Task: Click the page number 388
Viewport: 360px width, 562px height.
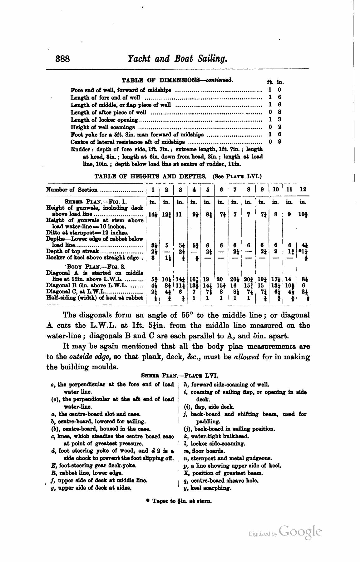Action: coord(63,59)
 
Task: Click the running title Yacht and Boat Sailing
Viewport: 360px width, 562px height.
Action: coord(177,58)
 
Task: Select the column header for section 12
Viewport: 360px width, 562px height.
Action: coord(303,189)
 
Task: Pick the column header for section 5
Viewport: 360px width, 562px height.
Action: coord(208,189)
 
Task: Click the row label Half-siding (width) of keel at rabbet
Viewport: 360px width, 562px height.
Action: coord(95,298)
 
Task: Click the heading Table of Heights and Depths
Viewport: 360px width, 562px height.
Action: coord(150,176)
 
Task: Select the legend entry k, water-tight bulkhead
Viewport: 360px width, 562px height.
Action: coord(216,436)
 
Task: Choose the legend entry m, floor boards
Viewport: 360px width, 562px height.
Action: coord(204,451)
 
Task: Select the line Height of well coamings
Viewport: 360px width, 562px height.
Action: coord(103,127)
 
